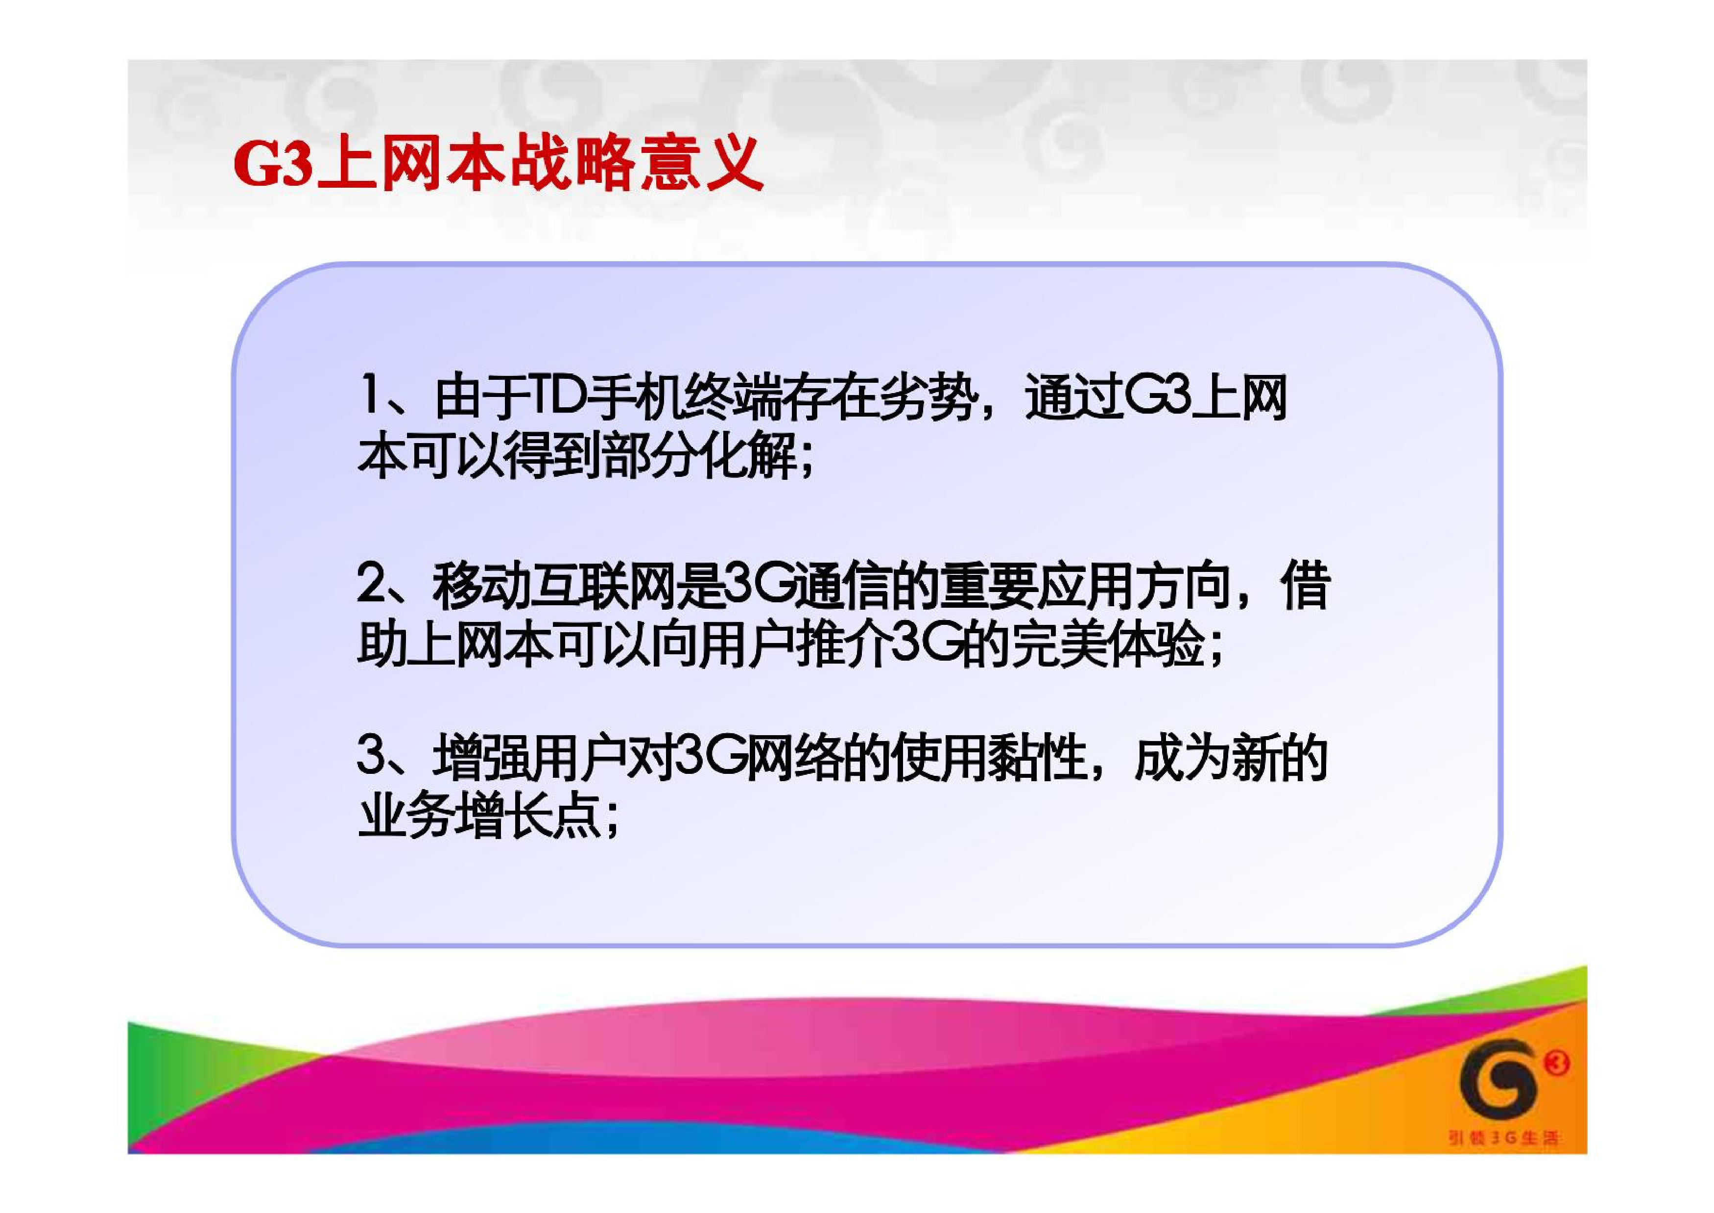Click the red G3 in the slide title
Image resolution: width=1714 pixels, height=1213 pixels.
272,164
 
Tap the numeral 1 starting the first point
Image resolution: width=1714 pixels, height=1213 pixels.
369,396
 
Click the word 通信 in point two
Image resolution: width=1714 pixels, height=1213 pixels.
840,586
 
